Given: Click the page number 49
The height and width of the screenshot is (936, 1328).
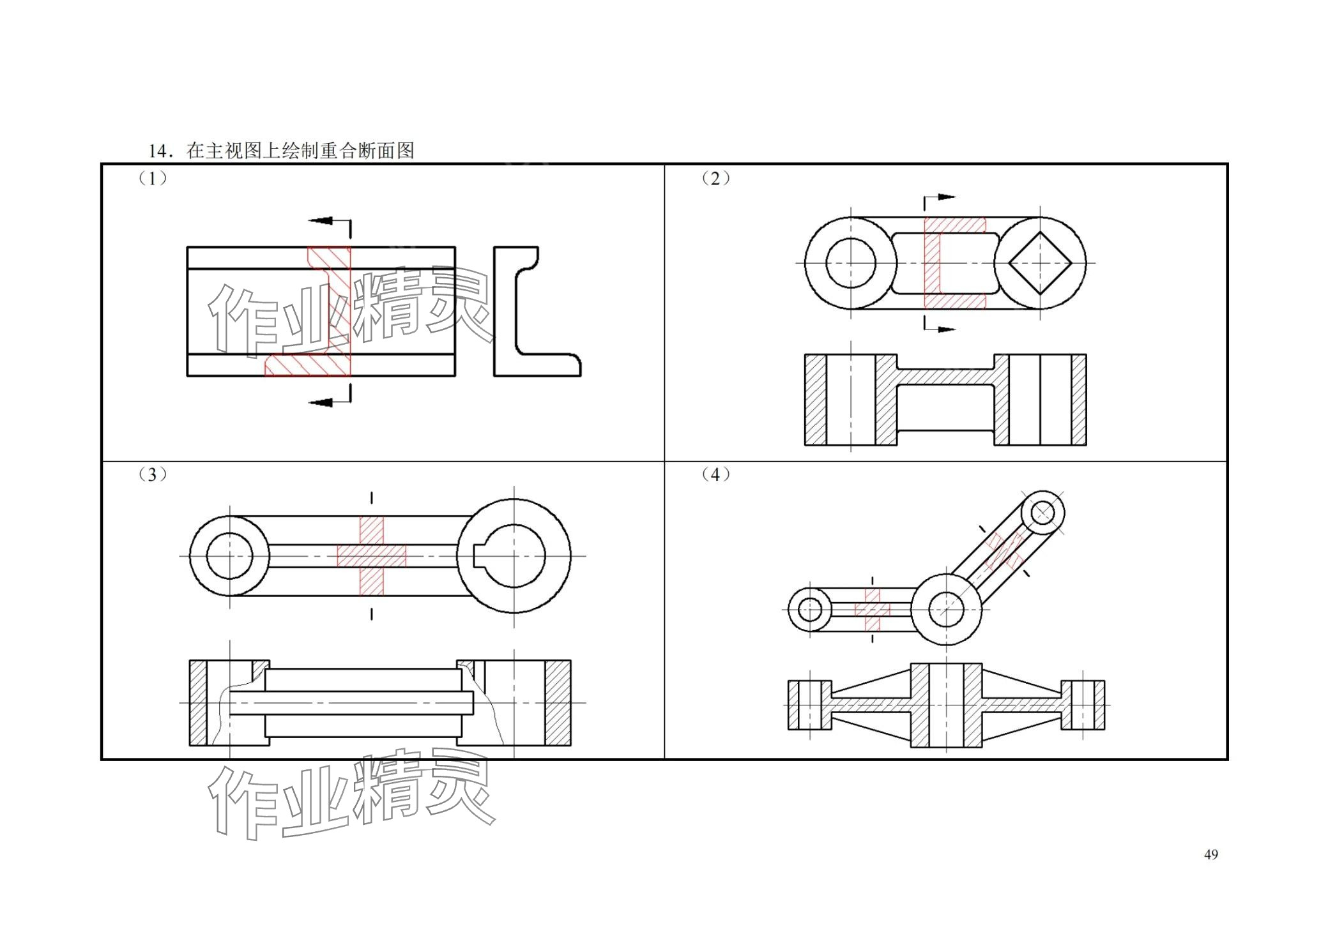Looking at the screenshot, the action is tap(1210, 854).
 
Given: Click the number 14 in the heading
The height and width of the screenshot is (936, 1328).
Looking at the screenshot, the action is tap(157, 151).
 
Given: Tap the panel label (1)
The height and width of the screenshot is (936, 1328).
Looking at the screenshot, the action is tap(153, 178).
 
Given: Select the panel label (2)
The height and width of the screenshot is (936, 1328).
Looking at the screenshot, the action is tap(716, 178).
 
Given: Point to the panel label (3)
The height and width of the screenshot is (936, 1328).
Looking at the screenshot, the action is tap(153, 474).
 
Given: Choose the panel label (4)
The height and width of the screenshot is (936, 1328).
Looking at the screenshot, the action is tap(716, 474).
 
